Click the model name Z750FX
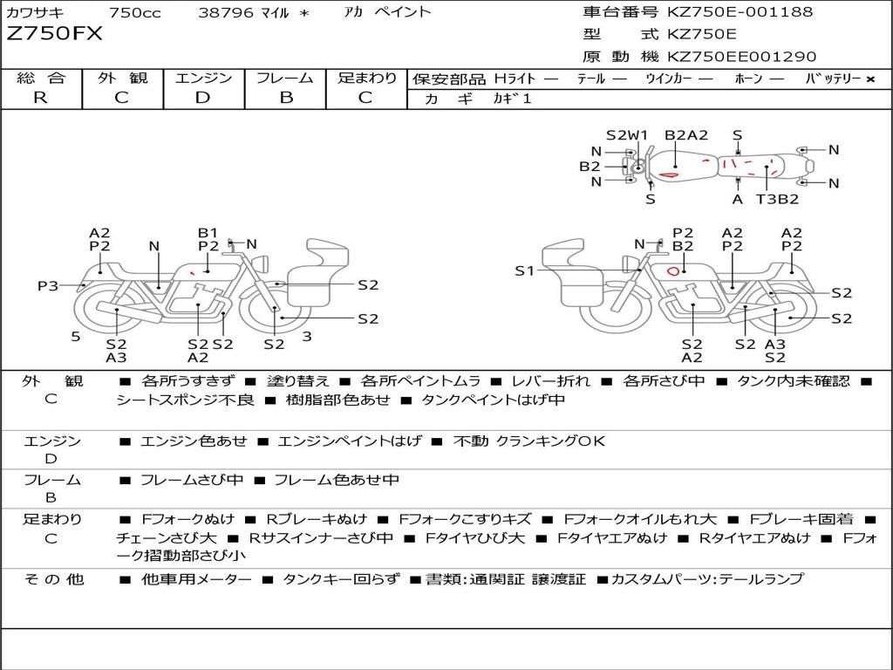tap(55, 34)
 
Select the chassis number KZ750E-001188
tap(740, 11)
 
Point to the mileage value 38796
tap(225, 12)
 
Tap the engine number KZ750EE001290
tap(741, 57)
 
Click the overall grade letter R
tap(40, 98)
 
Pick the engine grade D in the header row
tap(202, 98)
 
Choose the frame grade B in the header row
tap(286, 98)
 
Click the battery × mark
tap(869, 79)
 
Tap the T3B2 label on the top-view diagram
tap(777, 199)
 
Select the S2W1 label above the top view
tap(626, 135)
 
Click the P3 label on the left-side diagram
tap(48, 285)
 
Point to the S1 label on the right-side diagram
tap(524, 270)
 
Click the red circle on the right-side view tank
tap(673, 271)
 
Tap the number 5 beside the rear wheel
tap(76, 337)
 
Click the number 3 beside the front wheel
tap(307, 337)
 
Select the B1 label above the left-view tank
tap(208, 232)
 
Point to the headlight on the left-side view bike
tap(262, 263)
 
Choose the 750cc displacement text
tap(135, 12)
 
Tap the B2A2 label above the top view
tap(686, 135)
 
